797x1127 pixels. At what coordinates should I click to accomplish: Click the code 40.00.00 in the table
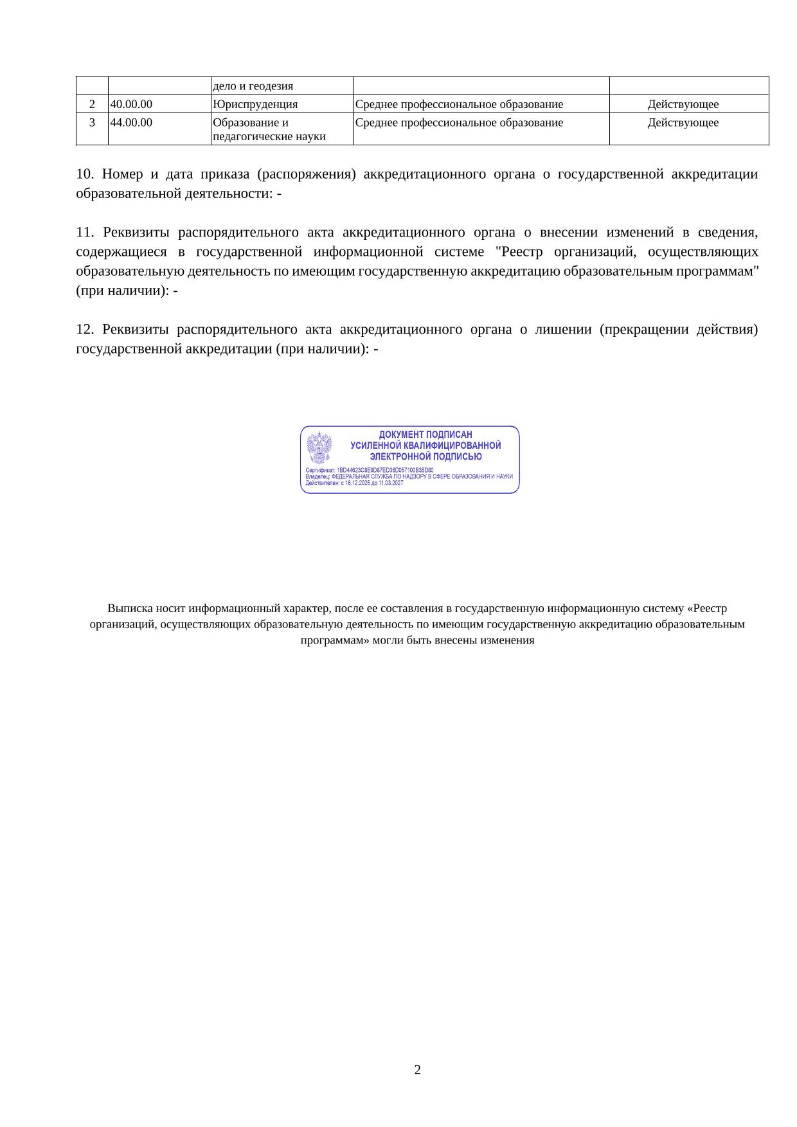[131, 104]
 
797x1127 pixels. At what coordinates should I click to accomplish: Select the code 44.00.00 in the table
[131, 123]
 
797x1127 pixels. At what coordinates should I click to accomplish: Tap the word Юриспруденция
[255, 104]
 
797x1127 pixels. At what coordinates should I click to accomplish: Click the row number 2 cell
[92, 104]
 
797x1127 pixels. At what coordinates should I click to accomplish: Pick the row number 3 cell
[92, 123]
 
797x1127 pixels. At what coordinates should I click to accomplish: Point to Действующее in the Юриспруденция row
[683, 104]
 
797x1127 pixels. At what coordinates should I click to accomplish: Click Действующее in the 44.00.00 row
[683, 123]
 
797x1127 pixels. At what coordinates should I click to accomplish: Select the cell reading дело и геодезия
[253, 86]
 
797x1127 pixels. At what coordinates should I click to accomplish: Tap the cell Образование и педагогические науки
[269, 129]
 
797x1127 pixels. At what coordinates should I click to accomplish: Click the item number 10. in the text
[85, 174]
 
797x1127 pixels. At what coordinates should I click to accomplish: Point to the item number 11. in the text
[85, 232]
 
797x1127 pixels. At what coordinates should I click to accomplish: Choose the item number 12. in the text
[85, 330]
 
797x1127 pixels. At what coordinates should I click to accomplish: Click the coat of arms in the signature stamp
[319, 447]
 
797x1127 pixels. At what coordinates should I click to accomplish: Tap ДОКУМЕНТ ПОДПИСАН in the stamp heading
[425, 435]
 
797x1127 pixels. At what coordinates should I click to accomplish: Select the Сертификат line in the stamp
[370, 470]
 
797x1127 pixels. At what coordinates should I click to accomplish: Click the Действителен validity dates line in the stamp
[354, 483]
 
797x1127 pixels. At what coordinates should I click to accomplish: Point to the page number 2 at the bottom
[418, 1070]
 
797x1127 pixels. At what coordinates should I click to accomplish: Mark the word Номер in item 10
[120, 174]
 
